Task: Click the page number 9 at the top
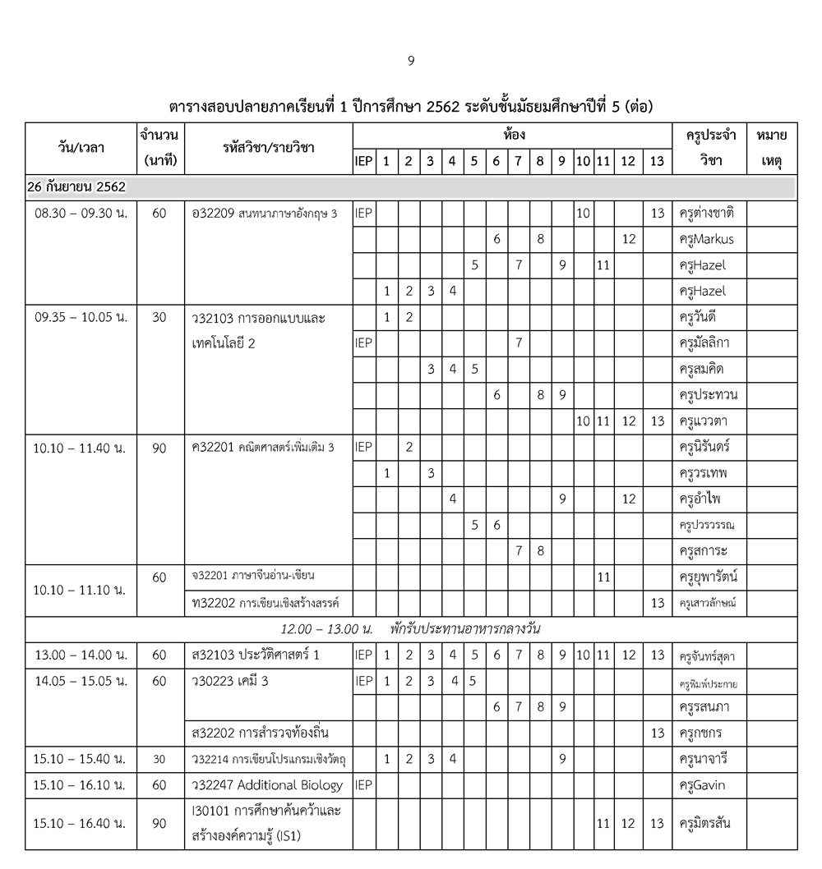[411, 60]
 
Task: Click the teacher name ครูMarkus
[707, 239]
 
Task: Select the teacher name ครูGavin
[702, 785]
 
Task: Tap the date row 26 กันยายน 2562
[76, 187]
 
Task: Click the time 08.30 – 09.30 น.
[81, 214]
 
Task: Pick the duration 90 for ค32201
[159, 448]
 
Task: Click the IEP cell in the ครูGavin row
[363, 785]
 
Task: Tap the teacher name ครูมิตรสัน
[706, 823]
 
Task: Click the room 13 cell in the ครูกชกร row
[657, 733]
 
